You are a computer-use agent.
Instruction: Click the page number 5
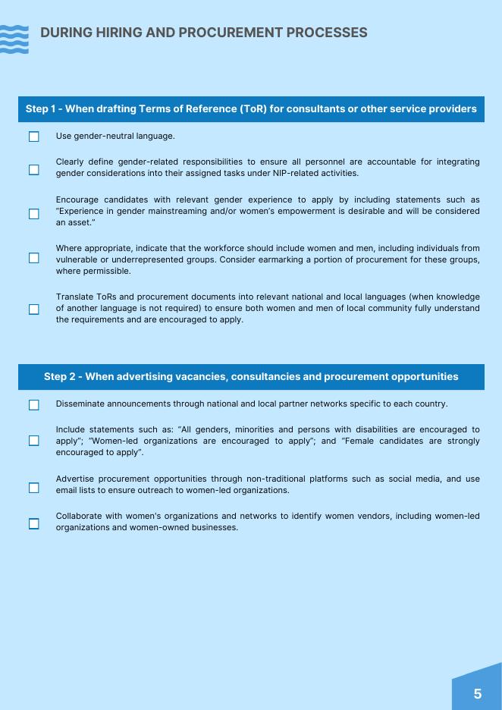point(477,693)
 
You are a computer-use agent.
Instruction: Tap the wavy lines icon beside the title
point(14,39)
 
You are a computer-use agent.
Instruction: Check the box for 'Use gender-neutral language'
point(34,137)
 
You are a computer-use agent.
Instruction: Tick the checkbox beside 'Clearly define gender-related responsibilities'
point(34,169)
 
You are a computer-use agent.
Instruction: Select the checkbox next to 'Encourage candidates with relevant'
point(34,213)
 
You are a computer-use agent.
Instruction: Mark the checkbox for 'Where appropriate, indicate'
point(34,258)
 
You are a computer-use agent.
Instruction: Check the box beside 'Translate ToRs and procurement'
point(34,309)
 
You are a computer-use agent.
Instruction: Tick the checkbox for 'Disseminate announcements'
point(34,404)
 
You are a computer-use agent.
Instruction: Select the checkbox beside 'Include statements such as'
point(34,441)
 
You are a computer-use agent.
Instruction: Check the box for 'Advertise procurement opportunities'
point(34,487)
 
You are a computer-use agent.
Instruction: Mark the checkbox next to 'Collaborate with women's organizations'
point(34,523)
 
